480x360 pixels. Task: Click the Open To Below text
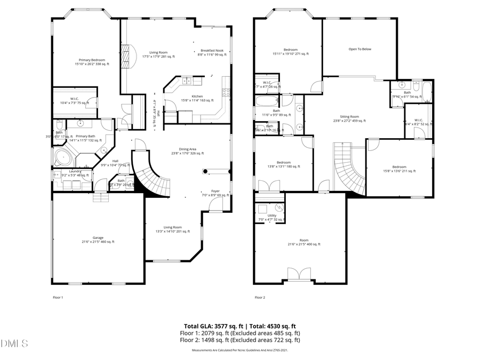359,49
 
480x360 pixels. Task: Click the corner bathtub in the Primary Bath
63,157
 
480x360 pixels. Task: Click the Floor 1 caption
58,297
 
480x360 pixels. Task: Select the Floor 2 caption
260,297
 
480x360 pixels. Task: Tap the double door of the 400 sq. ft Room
298,274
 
